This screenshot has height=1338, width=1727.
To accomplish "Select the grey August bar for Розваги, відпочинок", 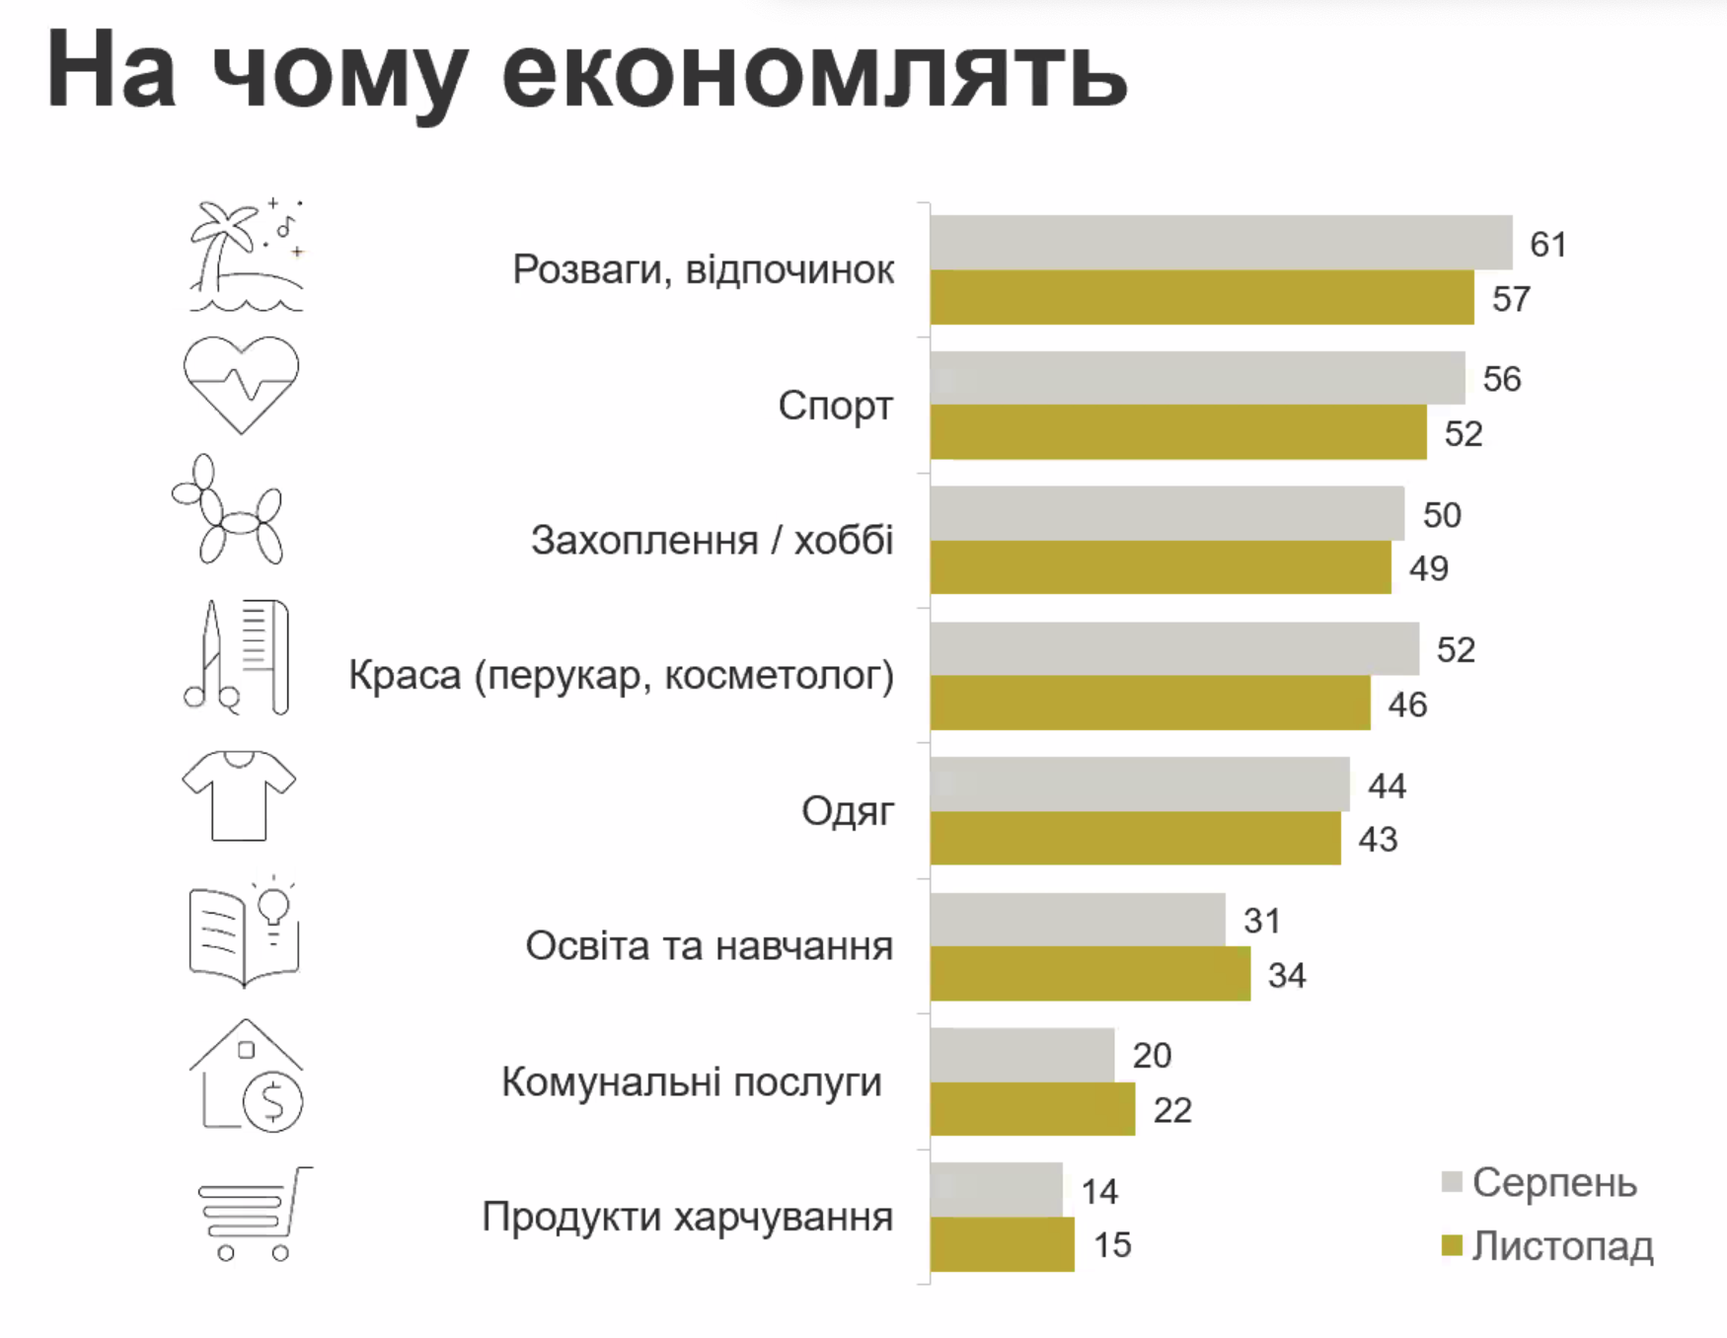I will click(x=1221, y=243).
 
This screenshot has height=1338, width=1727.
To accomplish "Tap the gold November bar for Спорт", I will click(x=1178, y=433).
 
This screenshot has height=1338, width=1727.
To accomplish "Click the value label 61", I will click(x=1547, y=245).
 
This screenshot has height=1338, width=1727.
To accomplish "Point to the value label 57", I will click(x=1510, y=299).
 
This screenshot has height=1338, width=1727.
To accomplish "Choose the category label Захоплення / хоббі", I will click(x=712, y=541).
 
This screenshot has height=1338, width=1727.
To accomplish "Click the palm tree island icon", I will click(x=246, y=256).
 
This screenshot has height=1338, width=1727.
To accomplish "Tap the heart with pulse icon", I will click(x=241, y=384).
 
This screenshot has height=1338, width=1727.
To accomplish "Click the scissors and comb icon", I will click(x=238, y=656).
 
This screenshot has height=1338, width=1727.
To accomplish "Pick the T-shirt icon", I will click(x=239, y=795).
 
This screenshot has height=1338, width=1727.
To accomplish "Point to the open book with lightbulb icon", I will click(x=244, y=931).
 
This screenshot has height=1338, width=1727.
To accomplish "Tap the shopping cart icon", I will click(x=254, y=1214).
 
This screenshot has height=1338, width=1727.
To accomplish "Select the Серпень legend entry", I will click(x=1539, y=1182).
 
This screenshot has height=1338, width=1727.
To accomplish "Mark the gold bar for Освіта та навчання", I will click(x=1089, y=974).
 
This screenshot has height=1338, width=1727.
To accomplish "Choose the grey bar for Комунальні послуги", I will click(x=1022, y=1055).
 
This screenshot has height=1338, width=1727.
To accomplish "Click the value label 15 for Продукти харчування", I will click(x=1112, y=1245).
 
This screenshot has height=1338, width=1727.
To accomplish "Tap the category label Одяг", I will click(x=847, y=811).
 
